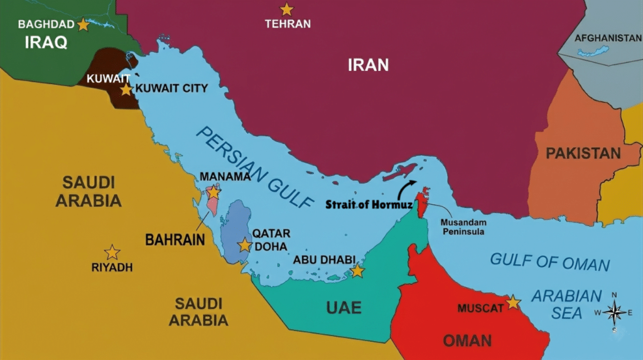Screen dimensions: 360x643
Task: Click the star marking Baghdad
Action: tap(83, 25)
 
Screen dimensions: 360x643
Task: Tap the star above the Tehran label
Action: tap(286, 9)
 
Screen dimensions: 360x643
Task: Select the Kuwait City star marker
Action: tap(126, 89)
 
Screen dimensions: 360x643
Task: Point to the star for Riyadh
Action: tap(112, 253)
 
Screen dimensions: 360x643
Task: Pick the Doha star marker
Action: tap(244, 245)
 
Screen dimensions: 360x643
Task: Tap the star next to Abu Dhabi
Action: tap(357, 271)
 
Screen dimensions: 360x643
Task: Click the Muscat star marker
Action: tap(513, 302)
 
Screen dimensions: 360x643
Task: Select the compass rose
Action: tap(614, 312)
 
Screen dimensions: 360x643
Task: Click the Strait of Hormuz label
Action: tap(360, 204)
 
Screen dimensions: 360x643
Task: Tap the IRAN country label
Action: tap(369, 64)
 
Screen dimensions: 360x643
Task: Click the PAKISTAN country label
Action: tap(583, 153)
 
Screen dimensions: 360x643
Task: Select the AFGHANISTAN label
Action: tap(608, 38)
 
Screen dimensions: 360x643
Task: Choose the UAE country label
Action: tap(343, 307)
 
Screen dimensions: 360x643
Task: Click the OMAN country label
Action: tap(467, 341)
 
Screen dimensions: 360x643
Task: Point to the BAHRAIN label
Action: tap(175, 239)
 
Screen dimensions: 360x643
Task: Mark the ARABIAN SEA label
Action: tap(567, 303)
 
